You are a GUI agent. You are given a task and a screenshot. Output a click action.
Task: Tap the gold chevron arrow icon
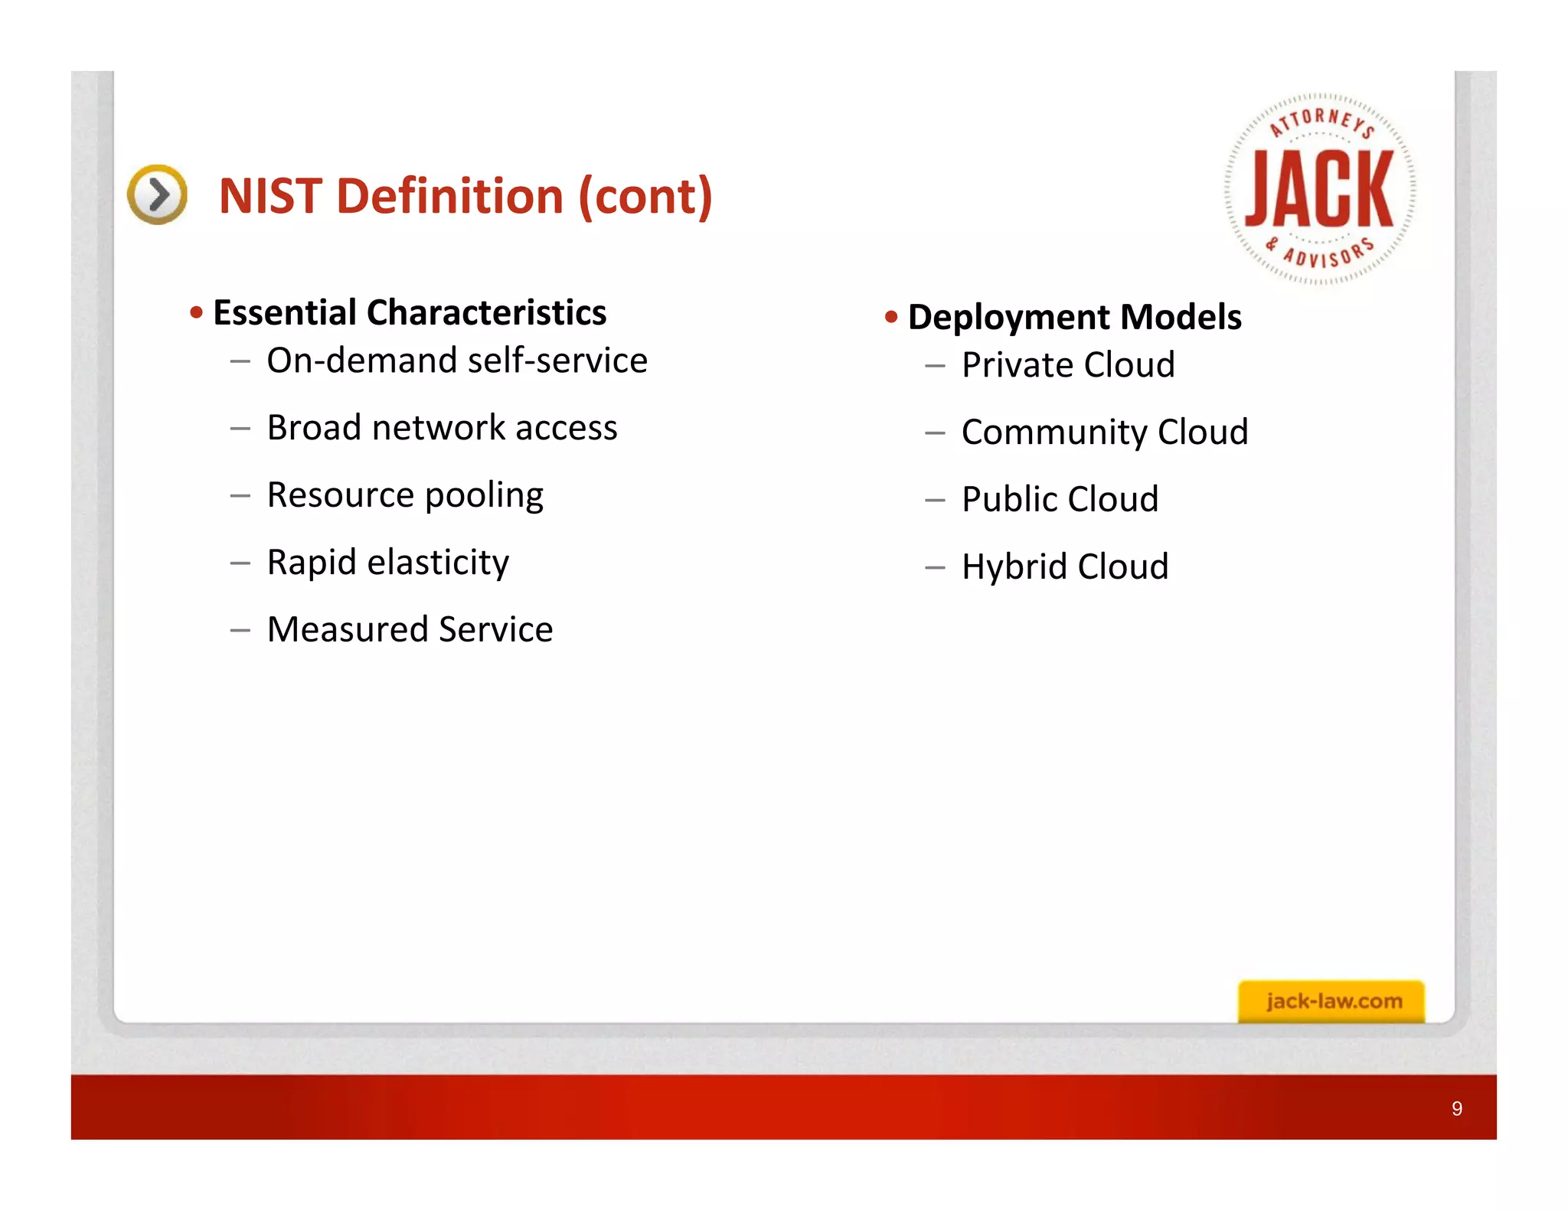(x=158, y=194)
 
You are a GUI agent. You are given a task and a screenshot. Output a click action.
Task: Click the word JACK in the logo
(x=1319, y=189)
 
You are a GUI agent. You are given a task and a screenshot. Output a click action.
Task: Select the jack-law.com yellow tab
(x=1331, y=1000)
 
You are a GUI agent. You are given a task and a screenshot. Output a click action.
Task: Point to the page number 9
(x=1456, y=1108)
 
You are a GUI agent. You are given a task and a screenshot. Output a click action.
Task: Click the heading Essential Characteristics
(x=410, y=312)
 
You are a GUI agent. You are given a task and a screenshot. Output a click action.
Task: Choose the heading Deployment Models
(x=1074, y=317)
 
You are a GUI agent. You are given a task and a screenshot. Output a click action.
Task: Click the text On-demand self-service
(x=457, y=361)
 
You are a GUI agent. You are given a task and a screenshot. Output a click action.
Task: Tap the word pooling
(x=484, y=496)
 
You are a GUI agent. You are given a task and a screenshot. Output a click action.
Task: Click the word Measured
(x=348, y=629)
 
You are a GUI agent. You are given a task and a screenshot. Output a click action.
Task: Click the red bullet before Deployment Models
(x=890, y=317)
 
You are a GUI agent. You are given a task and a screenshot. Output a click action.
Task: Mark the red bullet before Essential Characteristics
(x=196, y=312)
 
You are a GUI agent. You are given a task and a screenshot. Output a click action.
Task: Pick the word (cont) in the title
(x=645, y=197)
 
